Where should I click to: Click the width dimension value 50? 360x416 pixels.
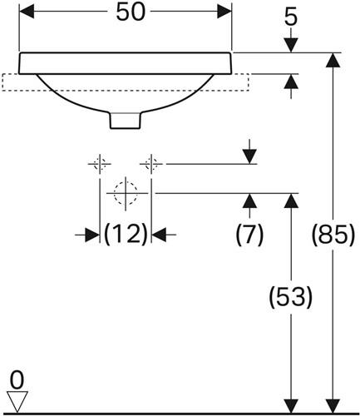[x=131, y=12]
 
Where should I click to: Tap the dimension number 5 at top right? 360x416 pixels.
[x=291, y=18]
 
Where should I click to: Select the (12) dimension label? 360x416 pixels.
[x=126, y=234]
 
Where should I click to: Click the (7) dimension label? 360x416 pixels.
[x=249, y=234]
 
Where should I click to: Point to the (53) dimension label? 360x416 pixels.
[x=291, y=296]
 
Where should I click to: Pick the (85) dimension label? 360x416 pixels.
[x=333, y=234]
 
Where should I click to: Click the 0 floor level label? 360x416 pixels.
[x=17, y=380]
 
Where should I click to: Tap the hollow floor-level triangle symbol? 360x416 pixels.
[x=17, y=401]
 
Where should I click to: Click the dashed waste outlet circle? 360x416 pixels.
[x=126, y=193]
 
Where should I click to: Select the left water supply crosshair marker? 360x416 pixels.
[x=100, y=164]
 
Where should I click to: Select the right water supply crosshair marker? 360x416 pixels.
[x=151, y=164]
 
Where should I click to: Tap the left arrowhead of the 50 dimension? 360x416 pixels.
[x=27, y=12]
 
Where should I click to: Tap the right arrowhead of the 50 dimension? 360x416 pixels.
[x=224, y=12]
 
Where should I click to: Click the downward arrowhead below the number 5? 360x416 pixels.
[x=291, y=45]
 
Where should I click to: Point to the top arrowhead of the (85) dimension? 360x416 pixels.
[x=333, y=60]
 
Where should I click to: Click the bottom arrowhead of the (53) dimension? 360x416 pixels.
[x=291, y=406]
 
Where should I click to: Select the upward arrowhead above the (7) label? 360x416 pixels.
[x=249, y=201]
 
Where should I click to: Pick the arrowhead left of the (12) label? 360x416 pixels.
[x=92, y=235]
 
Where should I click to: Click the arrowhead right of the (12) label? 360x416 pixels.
[x=159, y=235]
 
